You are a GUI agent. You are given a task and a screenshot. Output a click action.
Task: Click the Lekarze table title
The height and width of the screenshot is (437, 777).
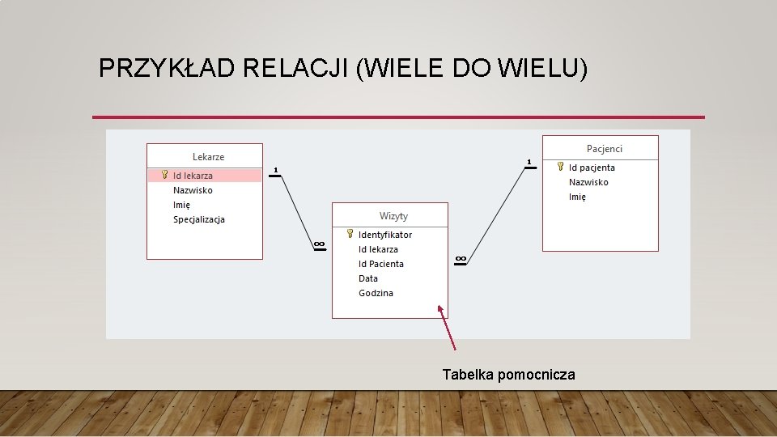(208, 157)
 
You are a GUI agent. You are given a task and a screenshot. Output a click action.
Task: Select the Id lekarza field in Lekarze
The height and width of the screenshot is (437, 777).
(193, 176)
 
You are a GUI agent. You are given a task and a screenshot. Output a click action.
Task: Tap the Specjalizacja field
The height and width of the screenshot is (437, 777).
(199, 219)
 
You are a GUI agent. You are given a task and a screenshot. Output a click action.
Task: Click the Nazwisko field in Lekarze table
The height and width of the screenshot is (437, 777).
(193, 190)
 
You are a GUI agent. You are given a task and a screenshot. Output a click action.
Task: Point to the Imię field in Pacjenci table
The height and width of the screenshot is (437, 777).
(577, 197)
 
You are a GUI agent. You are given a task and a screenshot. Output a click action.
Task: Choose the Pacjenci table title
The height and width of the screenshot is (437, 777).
(605, 149)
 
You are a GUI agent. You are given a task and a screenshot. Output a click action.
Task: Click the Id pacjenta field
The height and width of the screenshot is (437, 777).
(592, 168)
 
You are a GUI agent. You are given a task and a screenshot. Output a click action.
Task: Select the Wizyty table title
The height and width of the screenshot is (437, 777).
(393, 216)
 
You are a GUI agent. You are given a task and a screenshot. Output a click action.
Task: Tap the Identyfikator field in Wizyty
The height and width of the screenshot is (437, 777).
(385, 235)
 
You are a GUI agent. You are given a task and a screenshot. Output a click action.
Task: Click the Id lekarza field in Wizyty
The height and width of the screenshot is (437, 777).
(378, 249)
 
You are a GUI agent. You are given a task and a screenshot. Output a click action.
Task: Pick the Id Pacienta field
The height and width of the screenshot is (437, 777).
(381, 264)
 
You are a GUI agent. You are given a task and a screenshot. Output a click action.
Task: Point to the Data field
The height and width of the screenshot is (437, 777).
(368, 278)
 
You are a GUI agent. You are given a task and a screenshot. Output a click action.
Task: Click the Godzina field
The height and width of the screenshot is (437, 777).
(376, 293)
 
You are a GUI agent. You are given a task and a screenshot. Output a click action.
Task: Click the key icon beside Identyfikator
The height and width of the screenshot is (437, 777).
(350, 234)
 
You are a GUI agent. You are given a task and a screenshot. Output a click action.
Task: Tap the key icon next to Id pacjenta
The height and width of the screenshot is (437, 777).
(560, 167)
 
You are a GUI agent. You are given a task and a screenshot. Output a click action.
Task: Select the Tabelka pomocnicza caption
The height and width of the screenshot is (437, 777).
(508, 375)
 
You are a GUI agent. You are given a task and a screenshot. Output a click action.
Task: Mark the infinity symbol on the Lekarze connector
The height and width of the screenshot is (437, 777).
(319, 244)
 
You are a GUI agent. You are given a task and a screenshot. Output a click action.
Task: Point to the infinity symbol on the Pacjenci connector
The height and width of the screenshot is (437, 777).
(460, 258)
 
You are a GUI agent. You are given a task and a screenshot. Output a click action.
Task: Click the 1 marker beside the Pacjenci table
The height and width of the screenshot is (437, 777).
(529, 163)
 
